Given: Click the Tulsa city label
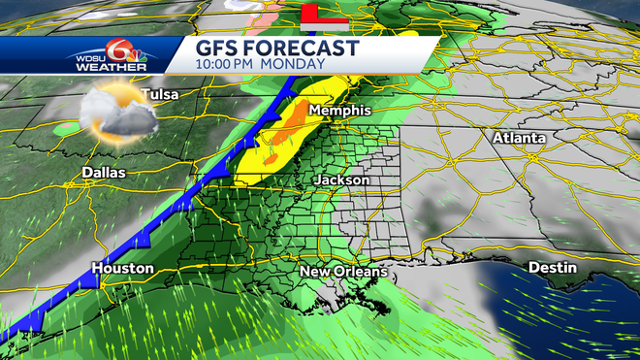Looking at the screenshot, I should [160, 95].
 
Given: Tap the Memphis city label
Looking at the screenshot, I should [339, 112].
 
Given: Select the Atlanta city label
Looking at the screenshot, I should [519, 138].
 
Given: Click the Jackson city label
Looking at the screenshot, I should [341, 180].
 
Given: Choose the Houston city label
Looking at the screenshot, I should [123, 267].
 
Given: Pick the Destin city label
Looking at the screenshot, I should [553, 267].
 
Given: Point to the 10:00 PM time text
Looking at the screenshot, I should [228, 65].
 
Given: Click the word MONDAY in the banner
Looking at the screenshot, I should [290, 65].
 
